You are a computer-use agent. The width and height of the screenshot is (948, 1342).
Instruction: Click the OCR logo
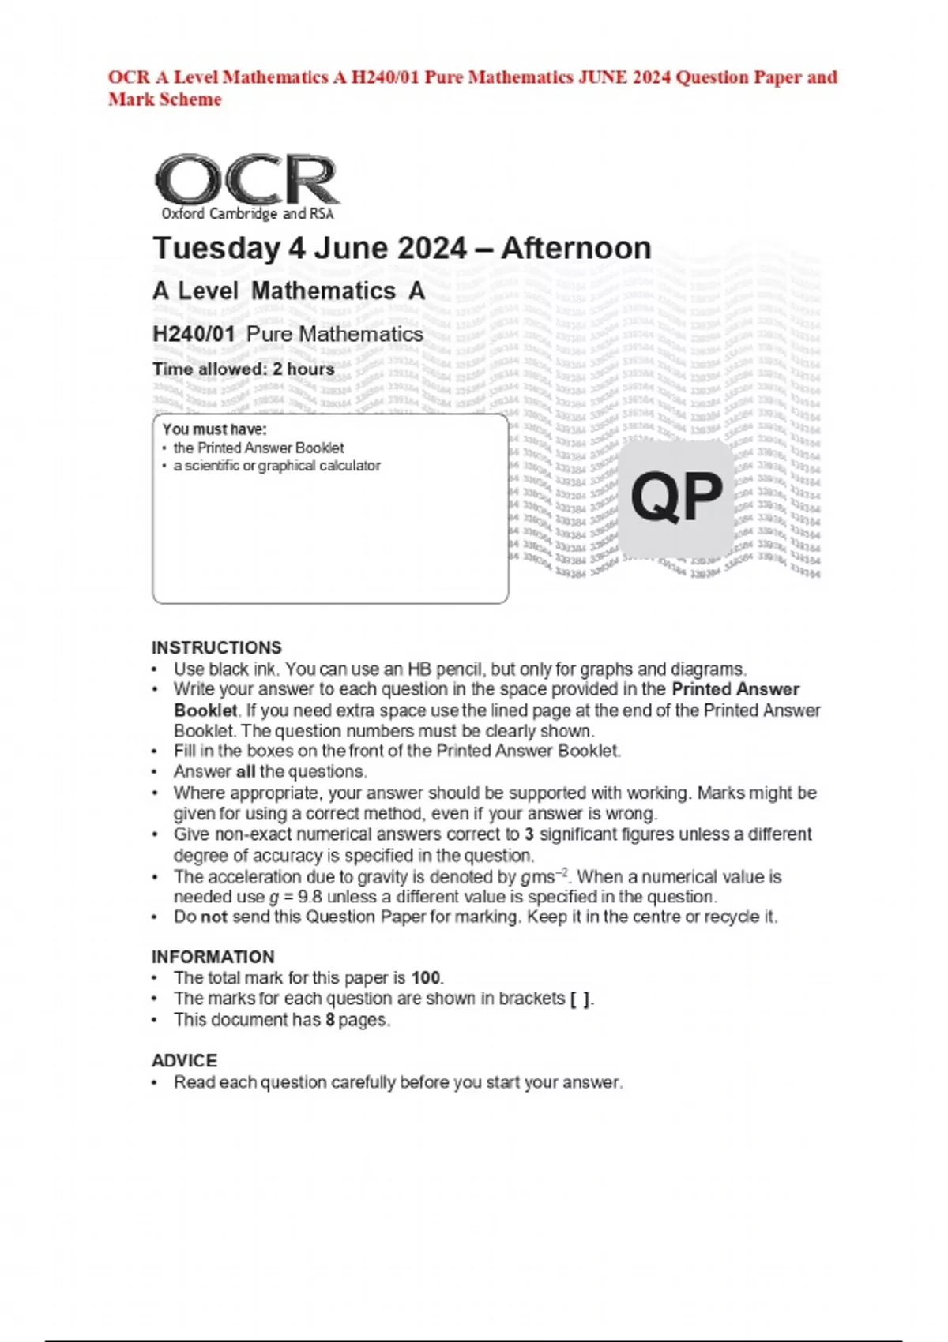[246, 179]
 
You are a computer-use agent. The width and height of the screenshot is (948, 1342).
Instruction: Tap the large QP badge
[676, 497]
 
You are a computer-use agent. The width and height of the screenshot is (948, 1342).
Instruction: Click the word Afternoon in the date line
[576, 248]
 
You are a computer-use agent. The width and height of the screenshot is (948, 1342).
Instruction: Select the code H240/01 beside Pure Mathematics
[194, 334]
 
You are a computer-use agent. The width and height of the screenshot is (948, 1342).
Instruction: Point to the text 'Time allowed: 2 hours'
[243, 369]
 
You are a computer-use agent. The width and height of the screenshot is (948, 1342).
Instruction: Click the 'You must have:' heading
[214, 429]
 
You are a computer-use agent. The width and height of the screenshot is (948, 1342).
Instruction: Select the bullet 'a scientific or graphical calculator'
[276, 466]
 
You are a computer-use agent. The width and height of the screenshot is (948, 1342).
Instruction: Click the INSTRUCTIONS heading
[216, 647]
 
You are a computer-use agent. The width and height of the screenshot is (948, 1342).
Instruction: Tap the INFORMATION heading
[213, 957]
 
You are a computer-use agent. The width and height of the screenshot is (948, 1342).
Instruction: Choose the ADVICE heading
[184, 1060]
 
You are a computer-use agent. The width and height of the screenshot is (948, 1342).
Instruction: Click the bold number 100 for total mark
[426, 977]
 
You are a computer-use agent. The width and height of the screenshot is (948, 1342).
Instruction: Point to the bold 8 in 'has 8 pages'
[330, 1019]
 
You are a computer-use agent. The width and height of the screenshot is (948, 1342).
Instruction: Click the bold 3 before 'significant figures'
[529, 834]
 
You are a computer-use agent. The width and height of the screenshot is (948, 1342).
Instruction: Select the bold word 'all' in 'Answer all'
[246, 771]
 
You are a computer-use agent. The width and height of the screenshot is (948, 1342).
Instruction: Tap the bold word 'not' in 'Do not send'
[213, 917]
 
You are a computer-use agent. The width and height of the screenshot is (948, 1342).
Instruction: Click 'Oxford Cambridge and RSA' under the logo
[247, 213]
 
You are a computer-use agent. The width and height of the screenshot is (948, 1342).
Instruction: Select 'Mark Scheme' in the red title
[164, 99]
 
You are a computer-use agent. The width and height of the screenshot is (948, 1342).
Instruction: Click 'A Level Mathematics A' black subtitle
[288, 291]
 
